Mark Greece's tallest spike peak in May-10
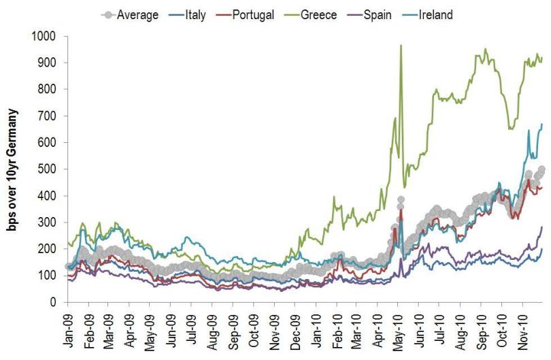click(x=401, y=46)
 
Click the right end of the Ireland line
click(x=542, y=125)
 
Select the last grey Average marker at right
click(x=541, y=169)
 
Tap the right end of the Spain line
click(x=542, y=227)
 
